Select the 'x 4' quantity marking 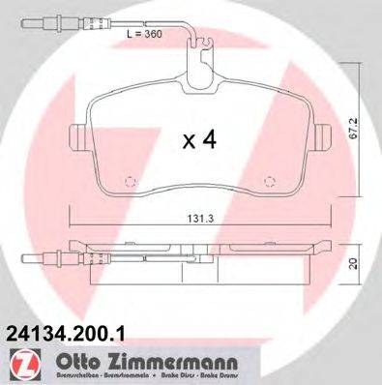click(x=199, y=141)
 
